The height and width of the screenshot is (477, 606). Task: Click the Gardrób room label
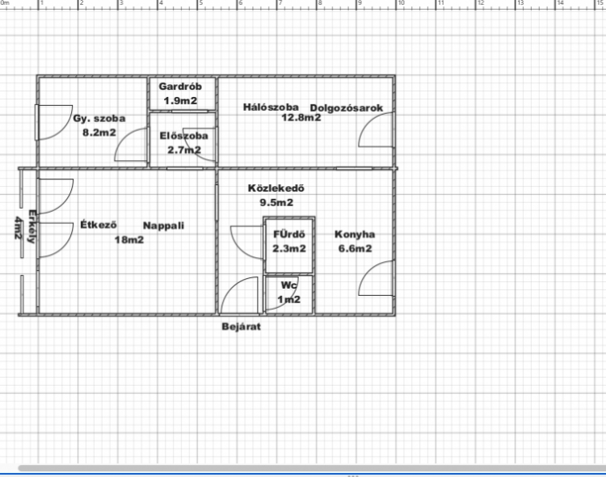[x=180, y=87]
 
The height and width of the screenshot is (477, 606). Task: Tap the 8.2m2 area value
[x=99, y=133]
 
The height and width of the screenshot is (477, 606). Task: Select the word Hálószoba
[x=271, y=108]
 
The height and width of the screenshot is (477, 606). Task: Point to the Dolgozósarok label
[x=347, y=108]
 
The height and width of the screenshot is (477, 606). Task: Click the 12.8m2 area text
[x=301, y=117]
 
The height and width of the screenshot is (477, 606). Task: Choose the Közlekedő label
[x=276, y=188]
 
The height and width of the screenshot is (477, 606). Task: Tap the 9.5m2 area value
[x=276, y=202]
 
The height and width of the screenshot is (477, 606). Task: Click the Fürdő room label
[x=289, y=234]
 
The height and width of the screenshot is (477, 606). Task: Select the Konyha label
[x=355, y=234]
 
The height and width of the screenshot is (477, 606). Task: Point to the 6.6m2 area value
[x=356, y=248]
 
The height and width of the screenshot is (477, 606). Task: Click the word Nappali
[x=163, y=226]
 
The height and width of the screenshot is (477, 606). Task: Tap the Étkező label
[x=98, y=225]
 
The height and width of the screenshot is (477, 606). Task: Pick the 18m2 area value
[x=129, y=240]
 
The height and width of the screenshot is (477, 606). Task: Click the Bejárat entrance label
[x=241, y=327]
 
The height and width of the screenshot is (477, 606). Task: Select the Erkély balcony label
[x=32, y=226]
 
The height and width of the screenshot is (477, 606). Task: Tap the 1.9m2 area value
[x=180, y=100]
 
